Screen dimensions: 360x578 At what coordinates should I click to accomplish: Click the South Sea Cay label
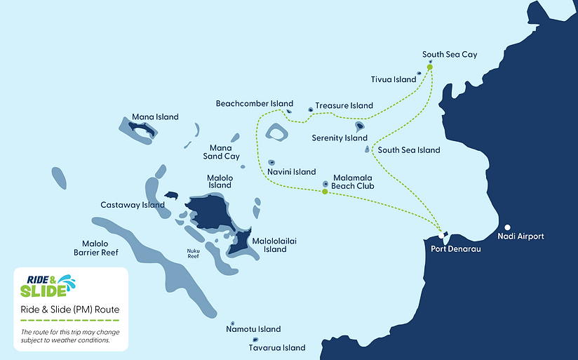[x=450, y=54]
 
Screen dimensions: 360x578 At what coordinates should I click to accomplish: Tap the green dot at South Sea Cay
[x=429, y=67]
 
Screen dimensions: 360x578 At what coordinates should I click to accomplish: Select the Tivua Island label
[x=393, y=79]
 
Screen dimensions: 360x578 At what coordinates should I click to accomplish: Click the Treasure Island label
[x=344, y=106]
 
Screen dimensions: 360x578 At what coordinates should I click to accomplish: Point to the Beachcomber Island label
[x=254, y=104]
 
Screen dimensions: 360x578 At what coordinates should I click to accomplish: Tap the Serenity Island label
[x=340, y=138]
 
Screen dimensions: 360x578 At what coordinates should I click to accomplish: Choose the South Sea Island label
[x=409, y=150]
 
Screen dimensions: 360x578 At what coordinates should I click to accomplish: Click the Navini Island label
[x=292, y=172]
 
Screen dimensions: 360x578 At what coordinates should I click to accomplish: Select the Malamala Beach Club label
[x=352, y=182]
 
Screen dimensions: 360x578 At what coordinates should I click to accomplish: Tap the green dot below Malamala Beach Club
[x=324, y=192]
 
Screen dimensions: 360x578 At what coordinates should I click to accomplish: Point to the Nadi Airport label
[x=520, y=236]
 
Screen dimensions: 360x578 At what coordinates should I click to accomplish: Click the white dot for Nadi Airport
[x=506, y=227]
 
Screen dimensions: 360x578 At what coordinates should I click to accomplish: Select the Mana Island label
[x=155, y=117]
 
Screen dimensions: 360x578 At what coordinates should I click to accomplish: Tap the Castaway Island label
[x=133, y=206]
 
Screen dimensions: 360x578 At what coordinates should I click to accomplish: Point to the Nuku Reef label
[x=193, y=253]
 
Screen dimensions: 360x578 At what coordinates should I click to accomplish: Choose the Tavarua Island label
[x=277, y=347]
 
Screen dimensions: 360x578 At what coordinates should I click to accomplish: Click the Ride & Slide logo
[x=47, y=286]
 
